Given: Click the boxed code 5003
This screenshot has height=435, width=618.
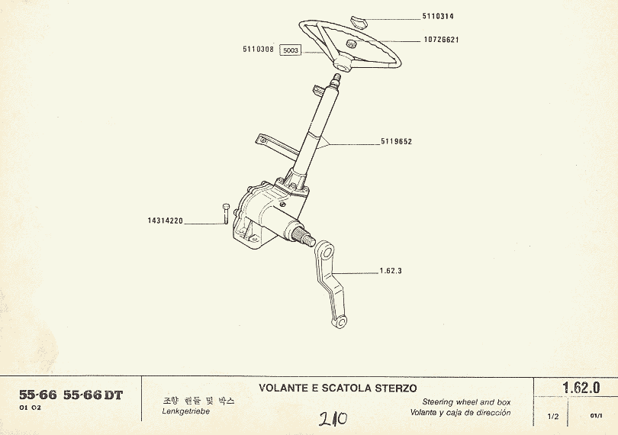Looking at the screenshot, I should (291, 51).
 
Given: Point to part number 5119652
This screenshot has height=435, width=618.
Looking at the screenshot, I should (397, 142).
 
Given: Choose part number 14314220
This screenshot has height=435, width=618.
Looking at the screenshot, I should (166, 221).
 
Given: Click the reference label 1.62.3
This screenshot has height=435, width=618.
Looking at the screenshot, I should (390, 271).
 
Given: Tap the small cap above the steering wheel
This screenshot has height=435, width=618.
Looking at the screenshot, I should (359, 18).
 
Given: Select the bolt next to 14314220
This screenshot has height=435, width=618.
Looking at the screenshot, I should (226, 214).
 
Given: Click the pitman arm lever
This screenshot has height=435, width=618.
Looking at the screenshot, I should (333, 286).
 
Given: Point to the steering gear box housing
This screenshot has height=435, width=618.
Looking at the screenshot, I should (263, 217).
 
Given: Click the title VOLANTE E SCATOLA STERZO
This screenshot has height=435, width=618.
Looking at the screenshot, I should (337, 388).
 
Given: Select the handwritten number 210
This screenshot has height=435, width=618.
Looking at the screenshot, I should (333, 419).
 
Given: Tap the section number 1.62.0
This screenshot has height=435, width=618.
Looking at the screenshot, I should (581, 388).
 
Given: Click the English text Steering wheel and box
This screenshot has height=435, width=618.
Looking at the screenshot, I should (466, 401).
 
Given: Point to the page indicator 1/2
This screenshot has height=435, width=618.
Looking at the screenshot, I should (553, 417).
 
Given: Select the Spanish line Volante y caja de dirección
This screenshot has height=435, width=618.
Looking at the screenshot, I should (461, 413).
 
